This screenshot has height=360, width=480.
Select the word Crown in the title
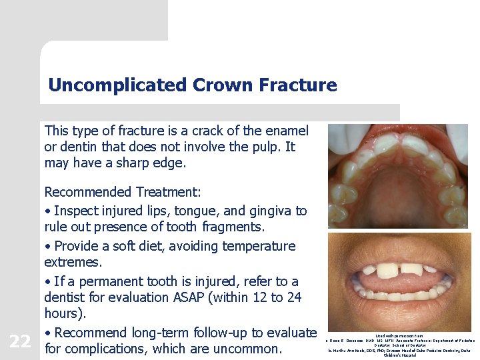[x=217, y=85]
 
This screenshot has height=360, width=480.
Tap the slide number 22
[x=20, y=341]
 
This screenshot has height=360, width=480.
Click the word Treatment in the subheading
[x=167, y=192]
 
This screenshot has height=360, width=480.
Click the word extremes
[x=73, y=263]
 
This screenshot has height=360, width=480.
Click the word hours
[x=64, y=313]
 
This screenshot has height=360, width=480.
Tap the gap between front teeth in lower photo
[x=399, y=271]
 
